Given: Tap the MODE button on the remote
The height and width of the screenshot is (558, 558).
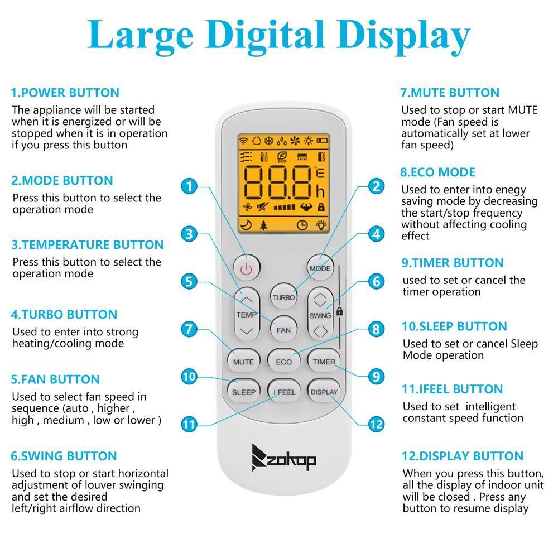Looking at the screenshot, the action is [320, 268].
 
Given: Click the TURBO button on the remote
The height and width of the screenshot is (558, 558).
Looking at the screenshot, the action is [283, 297].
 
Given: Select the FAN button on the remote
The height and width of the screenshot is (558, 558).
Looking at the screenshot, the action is [283, 330].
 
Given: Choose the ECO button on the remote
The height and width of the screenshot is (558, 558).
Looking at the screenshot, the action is [283, 362].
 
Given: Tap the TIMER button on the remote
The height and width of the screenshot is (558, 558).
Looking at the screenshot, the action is [324, 362].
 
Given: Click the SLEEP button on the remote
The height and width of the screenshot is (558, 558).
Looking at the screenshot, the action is [244, 392].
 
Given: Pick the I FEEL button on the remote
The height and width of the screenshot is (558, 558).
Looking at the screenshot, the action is [284, 392].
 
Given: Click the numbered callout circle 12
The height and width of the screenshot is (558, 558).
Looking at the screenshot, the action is [376, 424].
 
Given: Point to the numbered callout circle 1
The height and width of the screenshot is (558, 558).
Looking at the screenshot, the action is [189, 186].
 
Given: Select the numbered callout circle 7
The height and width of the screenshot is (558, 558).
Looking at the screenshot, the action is [189, 329].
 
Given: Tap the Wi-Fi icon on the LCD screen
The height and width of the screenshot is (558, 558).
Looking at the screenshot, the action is [243, 141].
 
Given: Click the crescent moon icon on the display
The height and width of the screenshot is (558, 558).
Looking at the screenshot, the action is [246, 224].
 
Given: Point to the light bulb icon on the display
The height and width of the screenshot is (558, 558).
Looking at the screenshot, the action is [321, 224].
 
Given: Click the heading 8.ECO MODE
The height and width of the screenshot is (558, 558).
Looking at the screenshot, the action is [437, 172].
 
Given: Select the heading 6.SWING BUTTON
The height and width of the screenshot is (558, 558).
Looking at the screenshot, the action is [64, 456].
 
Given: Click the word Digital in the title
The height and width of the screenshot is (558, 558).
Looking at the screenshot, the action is [264, 36].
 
